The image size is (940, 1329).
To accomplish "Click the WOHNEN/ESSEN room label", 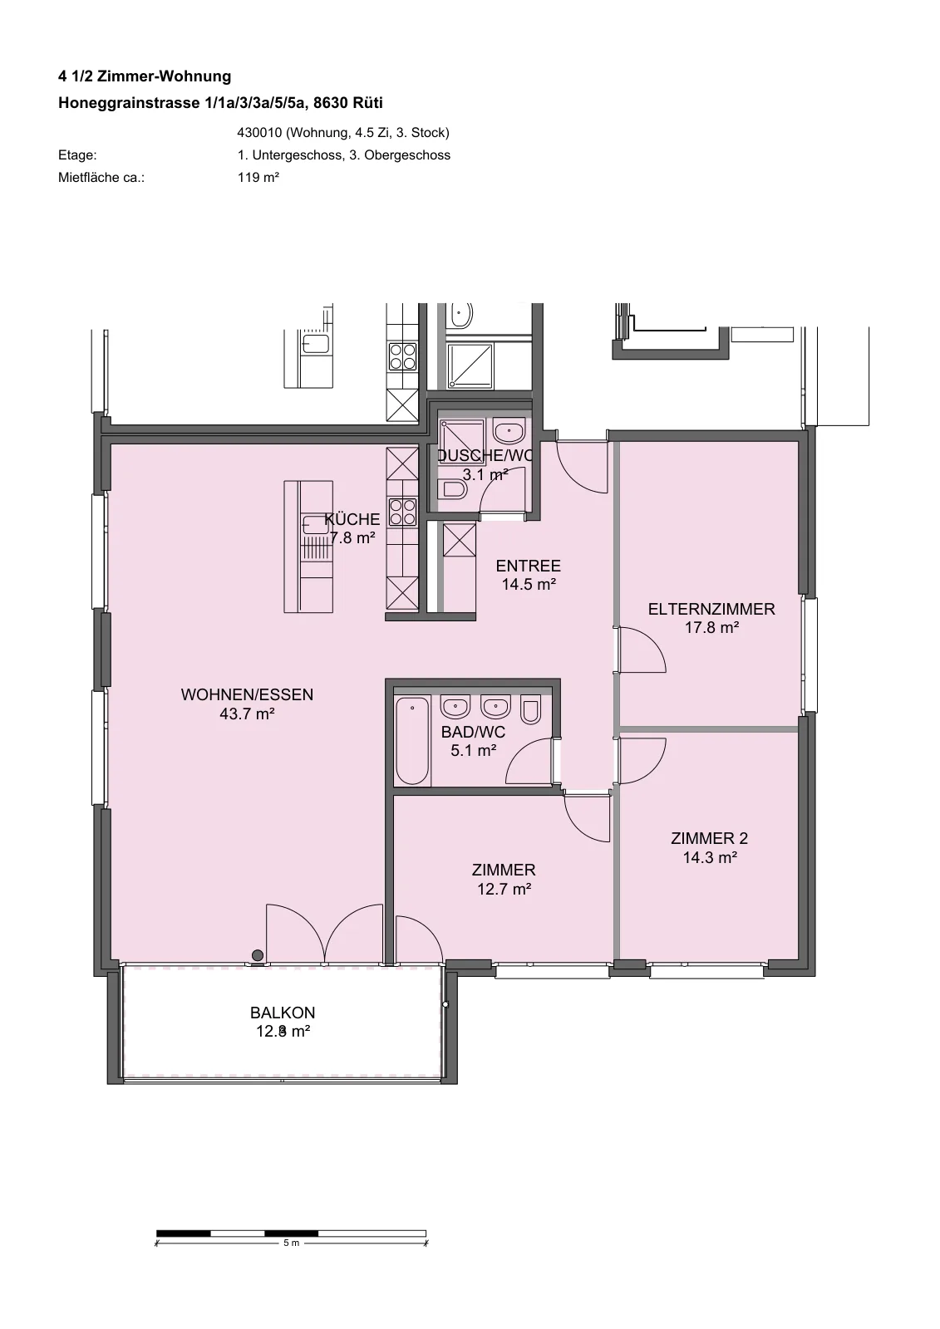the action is [x=247, y=694].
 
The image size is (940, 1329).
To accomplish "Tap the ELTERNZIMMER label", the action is [x=711, y=610].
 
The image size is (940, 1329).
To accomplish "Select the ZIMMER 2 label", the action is [x=710, y=838].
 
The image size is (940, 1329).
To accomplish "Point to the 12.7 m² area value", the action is [x=504, y=889].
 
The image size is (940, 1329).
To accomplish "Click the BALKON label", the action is [x=283, y=1013].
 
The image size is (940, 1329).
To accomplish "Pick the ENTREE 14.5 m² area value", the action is [x=529, y=585].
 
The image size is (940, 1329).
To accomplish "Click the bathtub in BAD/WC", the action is [x=412, y=740].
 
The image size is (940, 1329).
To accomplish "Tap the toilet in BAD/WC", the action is [x=531, y=709].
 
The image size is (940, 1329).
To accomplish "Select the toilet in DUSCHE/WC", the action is [x=453, y=489].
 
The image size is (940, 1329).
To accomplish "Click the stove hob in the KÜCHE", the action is [x=402, y=512].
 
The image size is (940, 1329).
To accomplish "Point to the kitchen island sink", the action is [x=315, y=525].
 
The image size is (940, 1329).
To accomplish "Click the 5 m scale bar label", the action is [x=291, y=1243].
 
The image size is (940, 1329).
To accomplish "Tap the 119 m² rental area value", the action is [x=258, y=178].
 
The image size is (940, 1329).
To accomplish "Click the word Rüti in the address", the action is [x=367, y=103].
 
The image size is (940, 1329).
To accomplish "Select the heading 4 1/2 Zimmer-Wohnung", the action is [x=145, y=76].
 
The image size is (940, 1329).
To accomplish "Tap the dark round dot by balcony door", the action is [x=257, y=955].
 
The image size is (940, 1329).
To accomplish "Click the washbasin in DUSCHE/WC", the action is [x=509, y=432].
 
